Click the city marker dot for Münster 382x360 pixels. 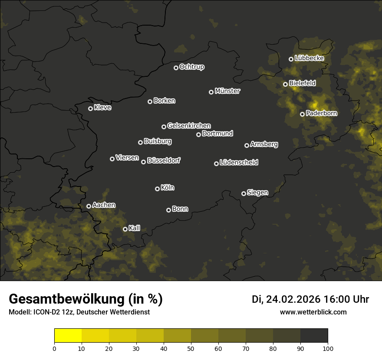211,92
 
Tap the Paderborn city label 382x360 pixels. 321,113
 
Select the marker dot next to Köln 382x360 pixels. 157,189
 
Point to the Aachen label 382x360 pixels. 104,205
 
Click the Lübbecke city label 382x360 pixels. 309,58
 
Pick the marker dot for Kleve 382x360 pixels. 90,108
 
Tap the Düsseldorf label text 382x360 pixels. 164,160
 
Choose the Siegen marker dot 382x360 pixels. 244,193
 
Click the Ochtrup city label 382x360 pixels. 191,67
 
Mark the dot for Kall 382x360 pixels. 125,229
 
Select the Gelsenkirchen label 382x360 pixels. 189,126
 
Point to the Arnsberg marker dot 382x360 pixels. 247,145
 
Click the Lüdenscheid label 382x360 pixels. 239,163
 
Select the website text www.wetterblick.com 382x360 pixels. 313,312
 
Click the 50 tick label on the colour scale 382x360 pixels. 191,348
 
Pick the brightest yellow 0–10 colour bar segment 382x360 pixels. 68,336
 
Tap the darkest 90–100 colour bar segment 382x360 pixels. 314,336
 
